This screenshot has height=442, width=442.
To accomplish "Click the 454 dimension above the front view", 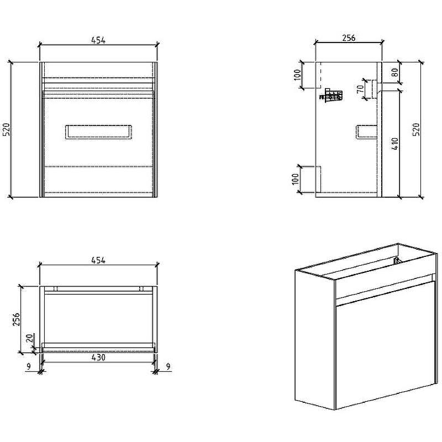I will tap(98, 40).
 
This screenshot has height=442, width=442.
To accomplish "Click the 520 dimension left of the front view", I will tap(7, 129).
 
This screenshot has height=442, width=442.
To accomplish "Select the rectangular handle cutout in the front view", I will tap(98, 133).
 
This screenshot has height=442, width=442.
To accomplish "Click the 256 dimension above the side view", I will tap(349, 38).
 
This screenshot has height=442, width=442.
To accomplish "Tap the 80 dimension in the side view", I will tap(394, 72).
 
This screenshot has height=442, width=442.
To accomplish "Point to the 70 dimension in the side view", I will tap(361, 89).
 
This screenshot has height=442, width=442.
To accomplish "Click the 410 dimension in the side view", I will tap(394, 145).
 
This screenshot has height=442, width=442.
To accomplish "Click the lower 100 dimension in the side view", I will tap(296, 178).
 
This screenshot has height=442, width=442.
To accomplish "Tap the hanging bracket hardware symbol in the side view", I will tap(331, 96).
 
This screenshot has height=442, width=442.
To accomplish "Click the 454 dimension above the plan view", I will tap(98, 260).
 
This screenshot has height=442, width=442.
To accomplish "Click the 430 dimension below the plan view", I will tap(98, 357).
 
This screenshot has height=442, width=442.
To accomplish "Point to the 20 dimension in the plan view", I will tap(29, 338).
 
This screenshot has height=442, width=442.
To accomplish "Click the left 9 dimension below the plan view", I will tap(28, 365).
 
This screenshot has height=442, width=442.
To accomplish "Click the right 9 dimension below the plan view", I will tap(168, 365).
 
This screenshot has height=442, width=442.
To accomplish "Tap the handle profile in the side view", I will tap(366, 131).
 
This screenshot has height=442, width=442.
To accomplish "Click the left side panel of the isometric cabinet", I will tap(315, 337).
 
